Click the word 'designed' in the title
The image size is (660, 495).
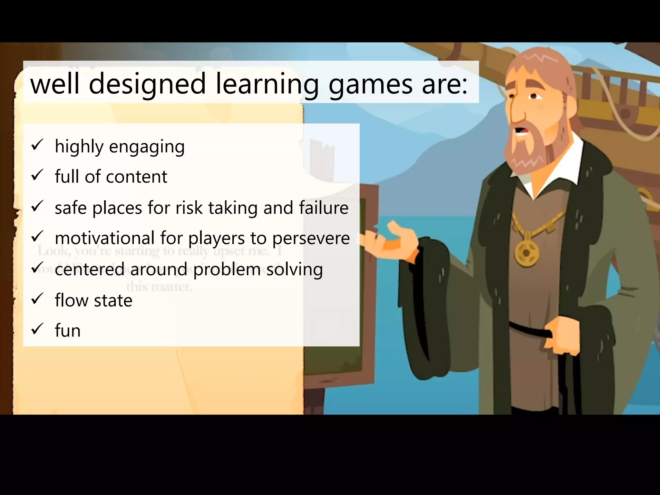tap(147, 84)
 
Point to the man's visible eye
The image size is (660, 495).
tap(533, 96)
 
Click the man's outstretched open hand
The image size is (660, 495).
tap(392, 241)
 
